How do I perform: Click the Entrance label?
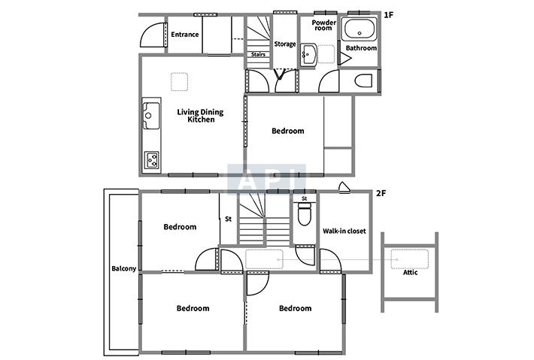point(184,35)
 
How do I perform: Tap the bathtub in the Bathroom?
point(360,29)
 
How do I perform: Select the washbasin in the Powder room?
point(308,54)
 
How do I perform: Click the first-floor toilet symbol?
point(363,81)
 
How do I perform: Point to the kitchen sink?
point(151,115)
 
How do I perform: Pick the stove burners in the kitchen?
point(151,159)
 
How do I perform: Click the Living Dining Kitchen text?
point(200,116)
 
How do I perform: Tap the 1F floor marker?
point(389,15)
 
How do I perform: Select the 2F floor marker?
point(381,193)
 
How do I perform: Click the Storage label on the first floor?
point(285,44)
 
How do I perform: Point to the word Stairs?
point(258,54)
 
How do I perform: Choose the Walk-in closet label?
point(344,231)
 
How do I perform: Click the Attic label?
point(410,273)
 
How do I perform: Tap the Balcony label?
point(123,269)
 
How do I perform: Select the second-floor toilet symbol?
point(304,213)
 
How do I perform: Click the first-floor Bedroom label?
point(288,131)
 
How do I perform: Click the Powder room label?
point(324,26)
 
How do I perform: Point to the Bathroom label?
point(361,48)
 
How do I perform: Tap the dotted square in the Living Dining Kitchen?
point(180,82)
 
